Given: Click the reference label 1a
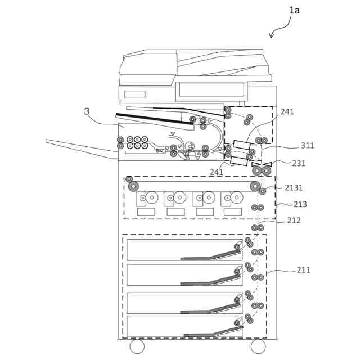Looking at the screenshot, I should (294, 10).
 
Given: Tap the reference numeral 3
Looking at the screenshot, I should (87, 111).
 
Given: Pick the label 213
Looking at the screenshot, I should (300, 204).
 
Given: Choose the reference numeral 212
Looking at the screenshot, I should (294, 220).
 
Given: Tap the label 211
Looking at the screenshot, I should (303, 270).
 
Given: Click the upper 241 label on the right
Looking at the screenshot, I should (287, 112).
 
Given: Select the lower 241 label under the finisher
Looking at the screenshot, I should (217, 172).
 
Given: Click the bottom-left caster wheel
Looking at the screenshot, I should (137, 346).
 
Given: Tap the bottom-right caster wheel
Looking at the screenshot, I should (258, 346).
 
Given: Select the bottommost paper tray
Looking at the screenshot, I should (184, 326).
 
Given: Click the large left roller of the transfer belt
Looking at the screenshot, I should (133, 186).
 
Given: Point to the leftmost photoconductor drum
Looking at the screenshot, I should (152, 197).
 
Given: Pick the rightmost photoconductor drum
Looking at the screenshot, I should (237, 197).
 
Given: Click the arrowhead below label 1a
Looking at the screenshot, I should (272, 35).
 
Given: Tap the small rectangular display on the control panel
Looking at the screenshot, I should (135, 94).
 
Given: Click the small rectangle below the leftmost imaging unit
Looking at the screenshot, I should (146, 211).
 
